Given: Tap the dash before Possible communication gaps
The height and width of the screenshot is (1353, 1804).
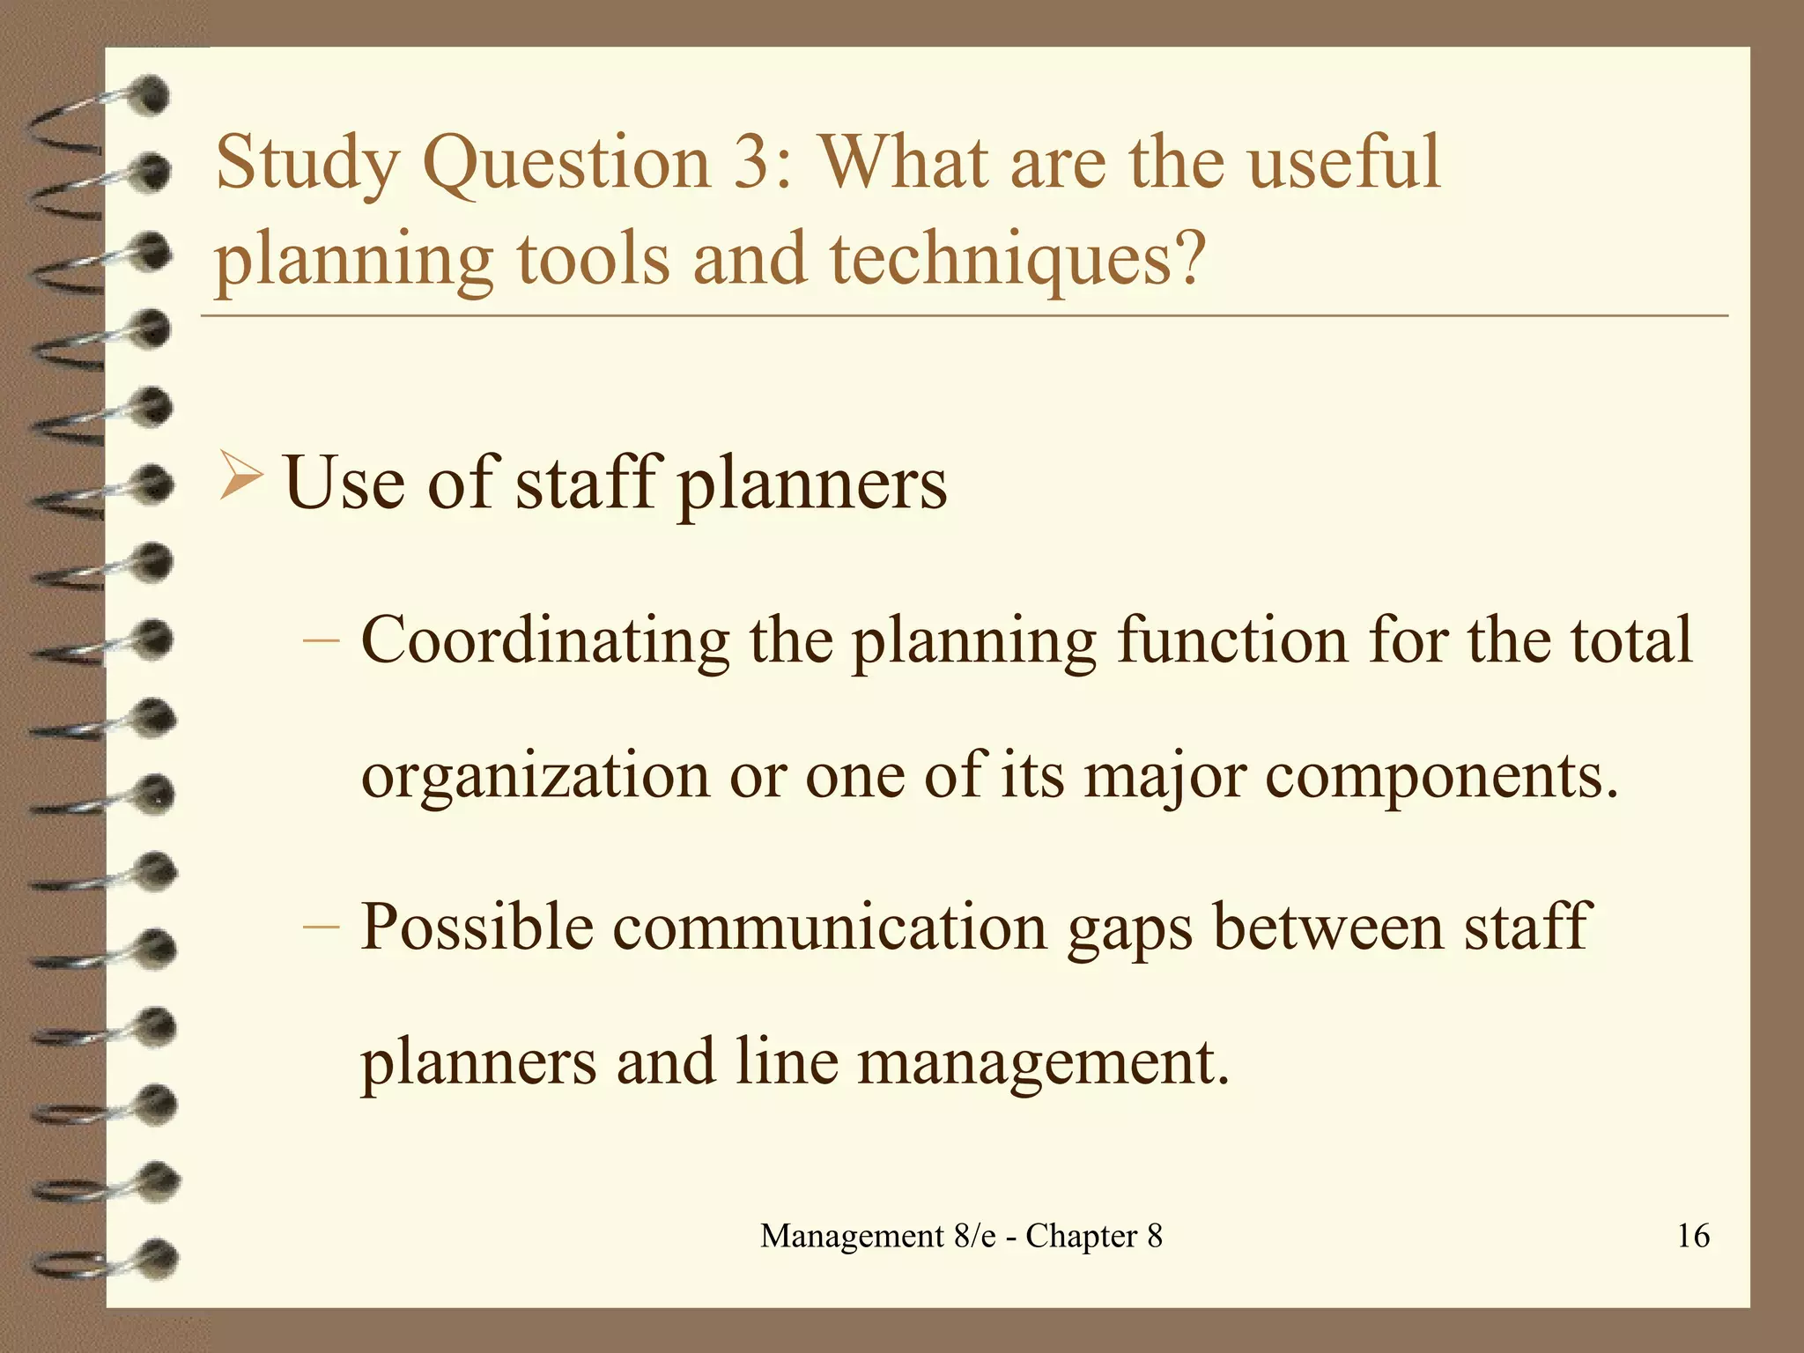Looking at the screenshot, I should point(321,927).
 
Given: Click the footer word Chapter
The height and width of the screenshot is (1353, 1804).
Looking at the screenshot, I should point(1081,1237).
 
